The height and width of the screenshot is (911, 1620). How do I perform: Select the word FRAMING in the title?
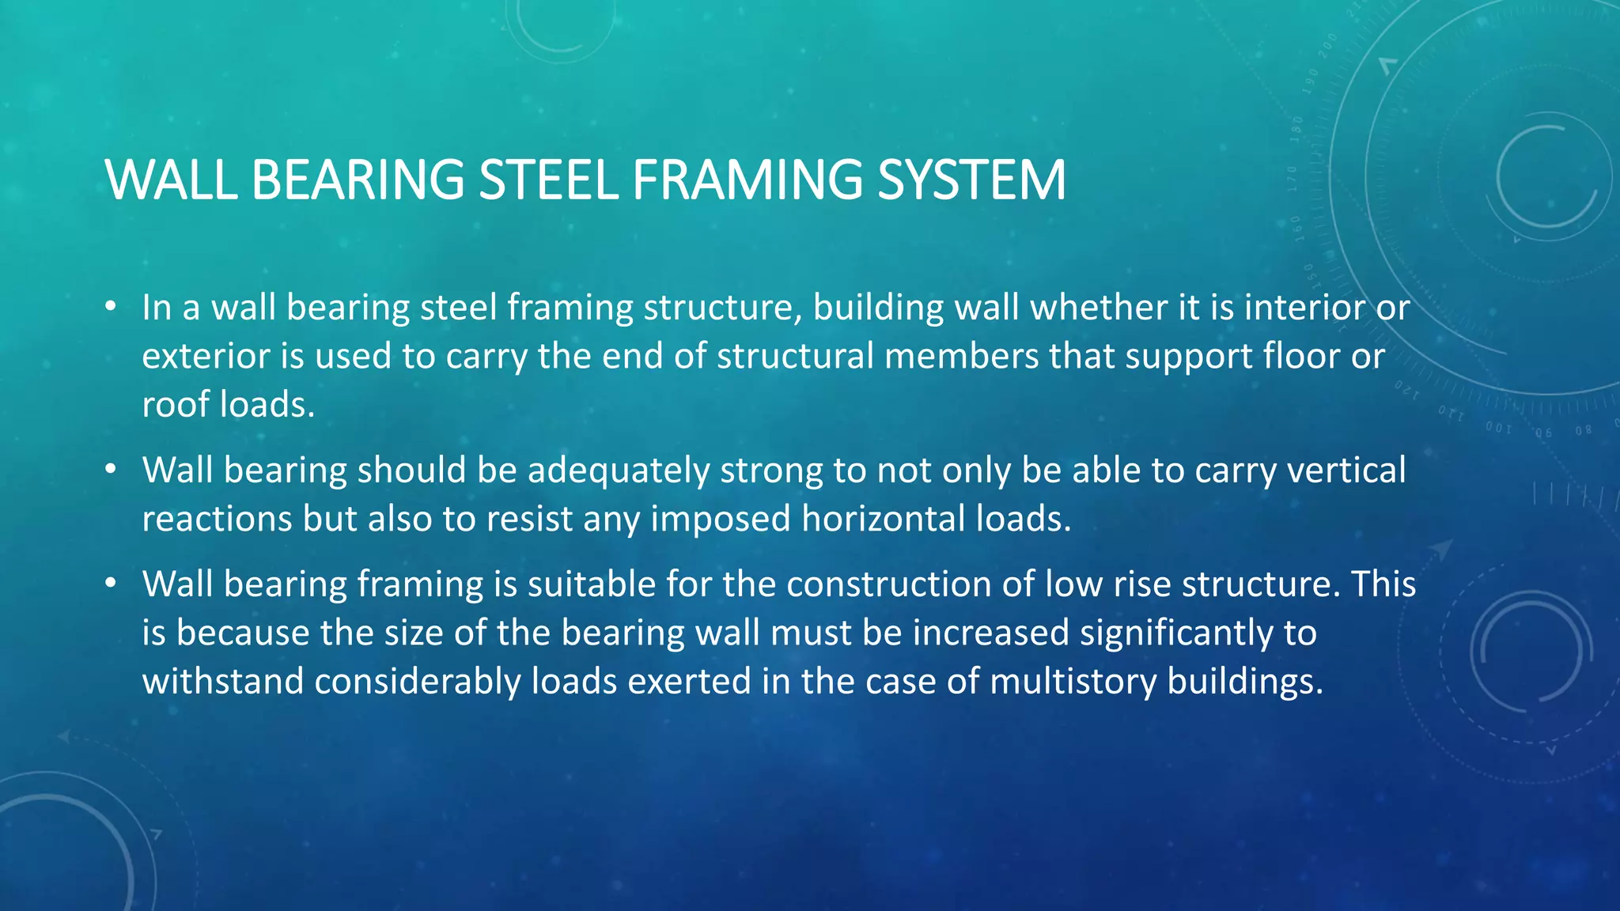[747, 180]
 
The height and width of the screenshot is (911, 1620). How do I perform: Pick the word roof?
[176, 404]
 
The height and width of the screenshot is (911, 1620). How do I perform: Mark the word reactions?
[217, 519]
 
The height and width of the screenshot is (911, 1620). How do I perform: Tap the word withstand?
[222, 681]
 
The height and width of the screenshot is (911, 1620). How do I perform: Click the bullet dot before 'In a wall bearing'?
[112, 306]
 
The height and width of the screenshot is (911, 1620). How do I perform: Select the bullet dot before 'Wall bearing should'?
[112, 470]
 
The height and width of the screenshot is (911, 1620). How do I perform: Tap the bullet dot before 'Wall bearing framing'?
[112, 584]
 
